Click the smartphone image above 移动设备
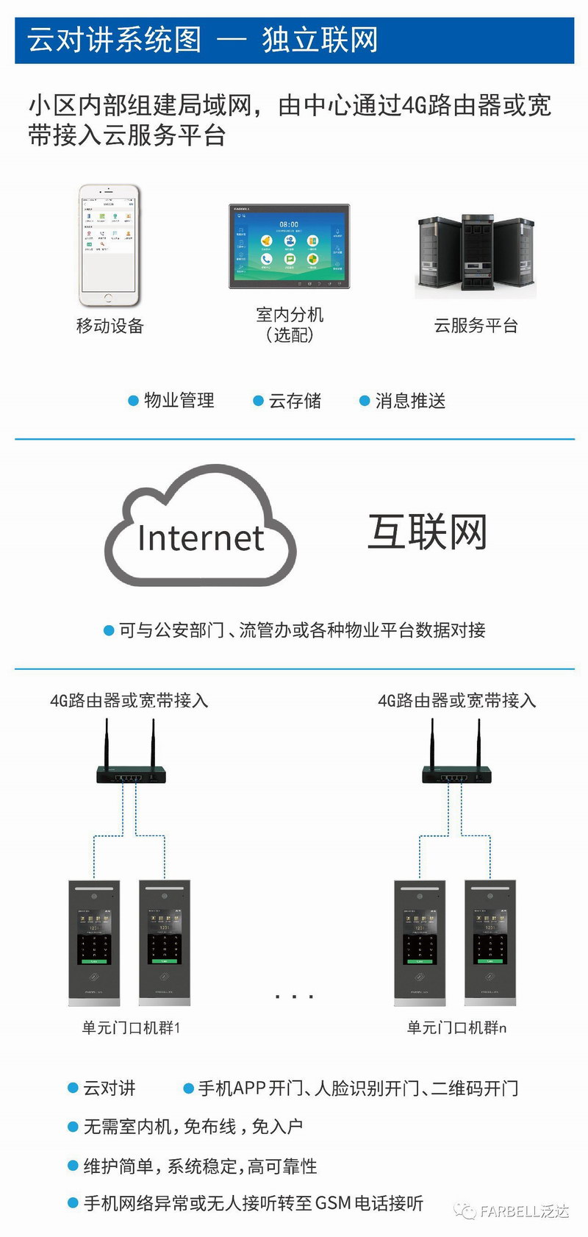coord(109,245)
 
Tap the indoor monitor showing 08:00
coord(289,246)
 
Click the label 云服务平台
coord(476,326)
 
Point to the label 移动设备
coord(110,326)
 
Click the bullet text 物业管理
coord(179,401)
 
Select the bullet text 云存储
coord(295,401)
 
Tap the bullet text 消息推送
coord(410,401)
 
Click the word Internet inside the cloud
coord(200,538)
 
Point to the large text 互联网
coord(427,532)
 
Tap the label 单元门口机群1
coord(131,1027)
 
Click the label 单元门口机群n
coord(456,1027)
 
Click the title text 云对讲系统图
coord(115,40)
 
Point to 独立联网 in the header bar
coord(320,40)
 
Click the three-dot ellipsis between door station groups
coord(294,997)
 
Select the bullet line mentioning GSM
coord(253,1203)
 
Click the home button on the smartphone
coord(109,298)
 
